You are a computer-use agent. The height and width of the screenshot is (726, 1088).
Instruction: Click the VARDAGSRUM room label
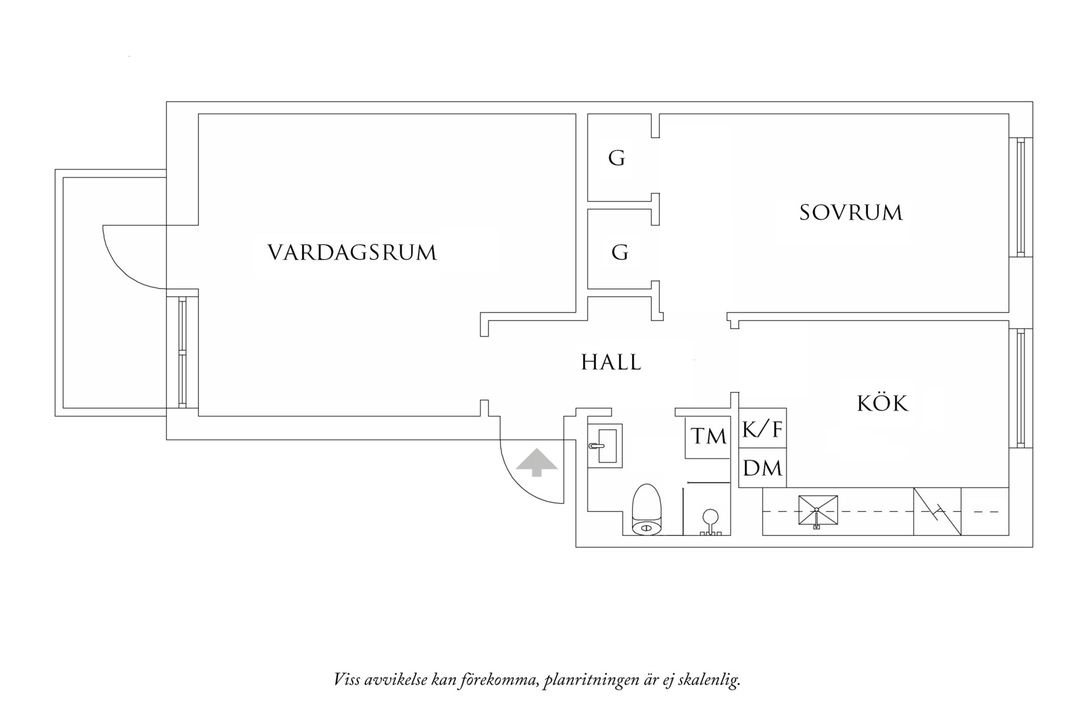[352, 253]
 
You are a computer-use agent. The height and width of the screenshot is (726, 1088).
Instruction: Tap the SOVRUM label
[851, 213]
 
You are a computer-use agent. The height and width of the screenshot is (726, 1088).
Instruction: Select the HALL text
[611, 363]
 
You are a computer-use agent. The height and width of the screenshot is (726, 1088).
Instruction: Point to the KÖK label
[883, 403]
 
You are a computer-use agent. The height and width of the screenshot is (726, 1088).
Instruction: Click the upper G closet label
[617, 158]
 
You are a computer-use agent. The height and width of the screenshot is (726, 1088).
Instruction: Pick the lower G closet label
[620, 252]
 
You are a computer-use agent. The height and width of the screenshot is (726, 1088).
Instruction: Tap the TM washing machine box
[708, 437]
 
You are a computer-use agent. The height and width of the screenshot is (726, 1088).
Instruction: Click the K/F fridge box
[762, 429]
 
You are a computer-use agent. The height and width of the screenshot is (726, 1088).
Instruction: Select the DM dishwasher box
[762, 469]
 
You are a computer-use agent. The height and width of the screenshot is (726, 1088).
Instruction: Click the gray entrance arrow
[537, 462]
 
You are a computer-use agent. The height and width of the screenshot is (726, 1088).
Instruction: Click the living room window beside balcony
[182, 353]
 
